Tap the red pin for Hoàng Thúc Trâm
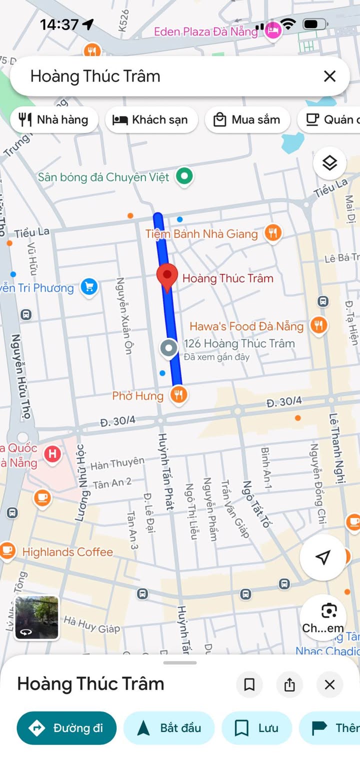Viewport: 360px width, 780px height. [x=167, y=276]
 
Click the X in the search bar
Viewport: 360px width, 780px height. [x=329, y=76]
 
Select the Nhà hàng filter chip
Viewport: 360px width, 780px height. [x=54, y=119]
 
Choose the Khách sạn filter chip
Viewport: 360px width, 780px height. [x=151, y=119]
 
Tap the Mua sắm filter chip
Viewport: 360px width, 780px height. [x=247, y=119]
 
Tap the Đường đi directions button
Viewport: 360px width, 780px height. [x=66, y=728]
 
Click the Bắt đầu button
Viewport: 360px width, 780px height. [x=169, y=728]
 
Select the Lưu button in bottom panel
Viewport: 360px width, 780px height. [x=256, y=728]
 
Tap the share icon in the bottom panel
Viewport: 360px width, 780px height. [x=289, y=684]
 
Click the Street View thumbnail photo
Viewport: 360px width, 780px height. [x=36, y=618]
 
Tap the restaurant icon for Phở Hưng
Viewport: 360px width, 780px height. [x=178, y=395]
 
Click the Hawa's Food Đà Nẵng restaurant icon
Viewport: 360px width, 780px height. [x=318, y=325]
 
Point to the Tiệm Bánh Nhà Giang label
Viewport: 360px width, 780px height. [x=201, y=233]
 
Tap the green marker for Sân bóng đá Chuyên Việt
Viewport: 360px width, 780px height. [x=185, y=176]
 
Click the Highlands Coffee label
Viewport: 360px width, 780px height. [x=67, y=552]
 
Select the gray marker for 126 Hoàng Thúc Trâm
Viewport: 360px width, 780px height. [x=168, y=348]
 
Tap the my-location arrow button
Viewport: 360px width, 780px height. [x=323, y=557]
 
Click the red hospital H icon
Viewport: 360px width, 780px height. [x=52, y=454]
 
